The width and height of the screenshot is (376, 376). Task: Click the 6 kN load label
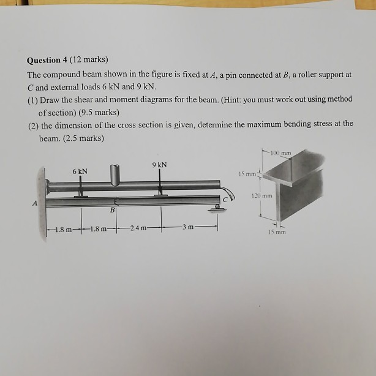tap(80, 171)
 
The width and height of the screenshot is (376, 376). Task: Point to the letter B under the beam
tap(112, 211)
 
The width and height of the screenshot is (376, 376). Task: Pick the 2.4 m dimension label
tap(139, 229)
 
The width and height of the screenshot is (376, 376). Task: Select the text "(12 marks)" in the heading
tap(89, 60)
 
